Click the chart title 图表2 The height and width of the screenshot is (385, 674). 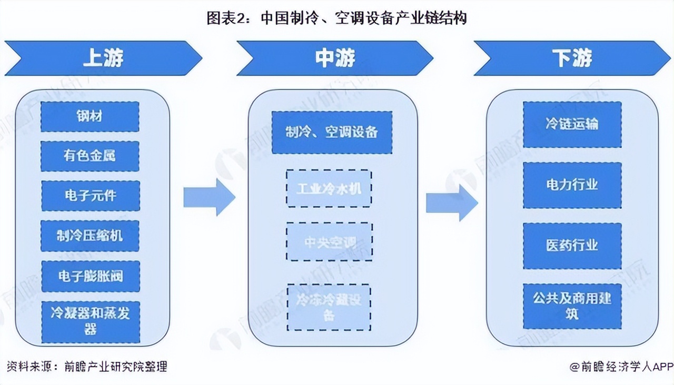pos(336,18)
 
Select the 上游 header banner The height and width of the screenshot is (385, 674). pos(103,58)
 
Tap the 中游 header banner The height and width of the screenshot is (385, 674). pos(335,58)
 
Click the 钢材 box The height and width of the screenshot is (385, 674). pos(90,117)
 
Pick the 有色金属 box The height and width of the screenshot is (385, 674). pos(90,156)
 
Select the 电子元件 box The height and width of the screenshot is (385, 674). pos(90,196)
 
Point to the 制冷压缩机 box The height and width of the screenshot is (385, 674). pos(90,236)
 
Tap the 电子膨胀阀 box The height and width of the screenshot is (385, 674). pos(90,276)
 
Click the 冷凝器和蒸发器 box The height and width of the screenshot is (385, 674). pos(90,321)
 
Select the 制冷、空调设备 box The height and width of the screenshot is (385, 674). pos(332,133)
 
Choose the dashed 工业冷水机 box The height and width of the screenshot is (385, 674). pos(329,188)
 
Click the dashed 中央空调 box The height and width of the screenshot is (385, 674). pos(329,241)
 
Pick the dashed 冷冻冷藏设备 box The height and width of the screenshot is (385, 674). pos(329,307)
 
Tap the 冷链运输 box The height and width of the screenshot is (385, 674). pos(572,125)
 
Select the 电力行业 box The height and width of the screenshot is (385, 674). pos(572,185)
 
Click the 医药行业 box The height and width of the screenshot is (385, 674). pos(572,246)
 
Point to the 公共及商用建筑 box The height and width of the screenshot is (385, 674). pos(572,306)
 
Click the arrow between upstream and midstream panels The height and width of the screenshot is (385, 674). pos(209,197)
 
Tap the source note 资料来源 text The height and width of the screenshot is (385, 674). pos(87,366)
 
